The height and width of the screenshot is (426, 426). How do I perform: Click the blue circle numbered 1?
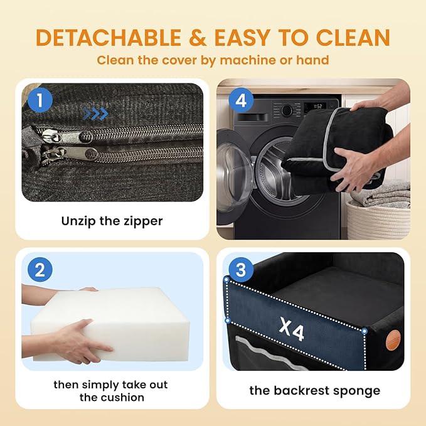tap(40, 100)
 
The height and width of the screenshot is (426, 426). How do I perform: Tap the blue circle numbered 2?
tap(40, 270)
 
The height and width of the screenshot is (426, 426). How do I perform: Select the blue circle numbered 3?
tap(241, 270)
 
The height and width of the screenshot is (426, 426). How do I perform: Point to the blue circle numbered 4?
tap(241, 100)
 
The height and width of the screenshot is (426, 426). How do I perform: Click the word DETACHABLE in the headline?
tap(109, 37)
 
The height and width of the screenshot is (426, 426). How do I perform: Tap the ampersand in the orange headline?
tap(198, 37)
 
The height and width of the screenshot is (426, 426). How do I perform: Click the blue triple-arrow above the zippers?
tap(95, 114)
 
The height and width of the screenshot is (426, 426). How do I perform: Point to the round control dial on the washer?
tap(287, 110)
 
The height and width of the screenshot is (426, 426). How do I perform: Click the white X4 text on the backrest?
tap(291, 329)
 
